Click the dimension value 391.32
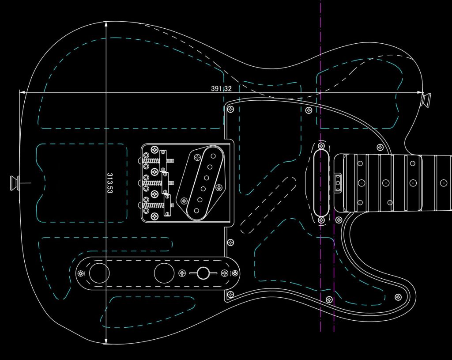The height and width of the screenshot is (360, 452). tap(221, 88)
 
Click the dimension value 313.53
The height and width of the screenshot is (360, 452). tap(110, 183)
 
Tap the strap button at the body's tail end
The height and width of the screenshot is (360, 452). tap(15, 183)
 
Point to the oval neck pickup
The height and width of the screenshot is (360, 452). tap(321, 183)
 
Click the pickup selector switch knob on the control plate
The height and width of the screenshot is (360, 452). tap(203, 273)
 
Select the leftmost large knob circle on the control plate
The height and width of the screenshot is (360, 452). tap(99, 273)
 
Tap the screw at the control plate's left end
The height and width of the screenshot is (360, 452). tap(81, 273)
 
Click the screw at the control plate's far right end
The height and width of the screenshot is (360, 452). tap(235, 273)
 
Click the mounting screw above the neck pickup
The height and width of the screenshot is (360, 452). tap(321, 146)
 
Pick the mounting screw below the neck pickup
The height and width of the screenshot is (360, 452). tap(321, 220)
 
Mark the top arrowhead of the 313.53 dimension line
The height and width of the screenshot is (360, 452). tap(106, 24)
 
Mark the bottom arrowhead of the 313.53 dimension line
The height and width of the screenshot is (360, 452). tap(106, 341)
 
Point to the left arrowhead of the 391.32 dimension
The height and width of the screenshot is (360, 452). tap(22, 92)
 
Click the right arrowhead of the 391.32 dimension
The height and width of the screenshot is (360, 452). tap(420, 92)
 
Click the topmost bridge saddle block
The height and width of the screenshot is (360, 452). tap(163, 160)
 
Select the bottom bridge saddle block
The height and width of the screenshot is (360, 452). tap(167, 205)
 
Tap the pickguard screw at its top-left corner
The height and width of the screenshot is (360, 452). tap(230, 110)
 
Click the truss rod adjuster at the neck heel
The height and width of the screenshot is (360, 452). tap(338, 183)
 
